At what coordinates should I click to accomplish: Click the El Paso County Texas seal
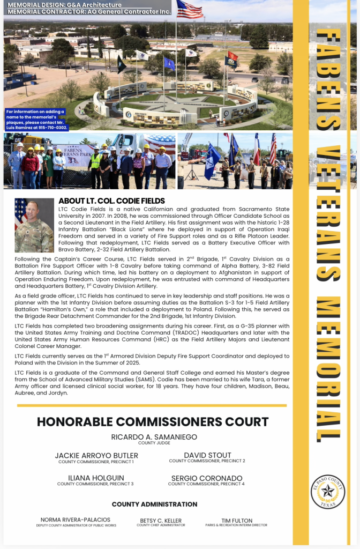(x=327, y=491)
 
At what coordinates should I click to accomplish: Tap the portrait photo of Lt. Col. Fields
(x=34, y=225)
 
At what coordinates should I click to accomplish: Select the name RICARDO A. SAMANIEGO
(x=154, y=437)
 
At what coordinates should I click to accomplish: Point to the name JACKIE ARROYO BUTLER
(x=96, y=456)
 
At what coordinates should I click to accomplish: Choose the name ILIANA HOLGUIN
(x=96, y=478)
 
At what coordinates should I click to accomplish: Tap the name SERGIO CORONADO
(x=207, y=478)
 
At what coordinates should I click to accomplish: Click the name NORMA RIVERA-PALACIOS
(x=76, y=520)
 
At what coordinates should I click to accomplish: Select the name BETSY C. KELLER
(x=161, y=520)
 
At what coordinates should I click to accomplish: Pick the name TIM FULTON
(x=236, y=520)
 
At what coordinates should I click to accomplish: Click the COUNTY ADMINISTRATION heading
(x=154, y=504)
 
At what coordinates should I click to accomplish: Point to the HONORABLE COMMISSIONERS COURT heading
(x=153, y=421)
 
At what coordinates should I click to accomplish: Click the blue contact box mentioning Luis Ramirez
(x=36, y=120)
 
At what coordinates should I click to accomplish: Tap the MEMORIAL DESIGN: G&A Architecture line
(x=65, y=5)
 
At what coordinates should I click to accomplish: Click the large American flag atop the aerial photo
(x=189, y=9)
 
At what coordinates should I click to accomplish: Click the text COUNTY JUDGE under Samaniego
(x=154, y=443)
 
